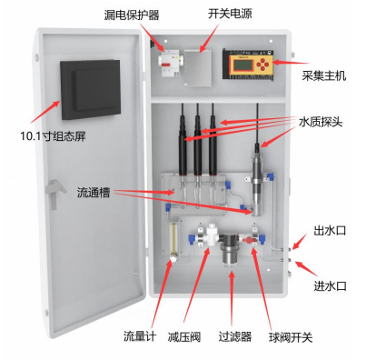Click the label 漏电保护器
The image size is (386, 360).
(132, 15)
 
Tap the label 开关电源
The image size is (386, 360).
(230, 14)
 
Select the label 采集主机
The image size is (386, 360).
(323, 75)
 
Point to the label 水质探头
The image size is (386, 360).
(321, 122)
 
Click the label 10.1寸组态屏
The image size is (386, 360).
(53, 136)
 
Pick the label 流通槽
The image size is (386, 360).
(94, 193)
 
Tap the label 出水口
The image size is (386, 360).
(330, 231)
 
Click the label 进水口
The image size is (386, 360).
(330, 286)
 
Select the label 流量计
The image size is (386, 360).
(140, 336)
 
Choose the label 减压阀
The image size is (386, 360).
(184, 337)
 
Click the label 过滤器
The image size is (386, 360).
(235, 336)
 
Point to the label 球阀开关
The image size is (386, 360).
(291, 337)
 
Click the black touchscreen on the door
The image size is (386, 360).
(90, 89)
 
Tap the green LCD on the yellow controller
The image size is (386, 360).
(243, 65)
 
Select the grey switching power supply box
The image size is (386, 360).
(198, 68)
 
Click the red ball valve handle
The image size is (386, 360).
(247, 239)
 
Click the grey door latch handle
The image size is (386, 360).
(54, 194)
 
